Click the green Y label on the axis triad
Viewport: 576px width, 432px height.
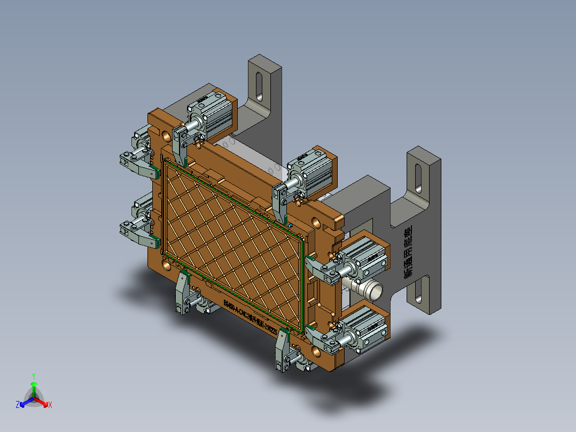pyautogui.click(x=33, y=376)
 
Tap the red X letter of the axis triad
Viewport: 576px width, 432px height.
pyautogui.click(x=50, y=405)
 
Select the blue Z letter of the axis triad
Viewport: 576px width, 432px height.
pyautogui.click(x=18, y=405)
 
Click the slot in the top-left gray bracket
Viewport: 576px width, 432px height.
pyautogui.click(x=259, y=87)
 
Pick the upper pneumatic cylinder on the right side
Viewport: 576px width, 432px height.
pyautogui.click(x=367, y=256)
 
